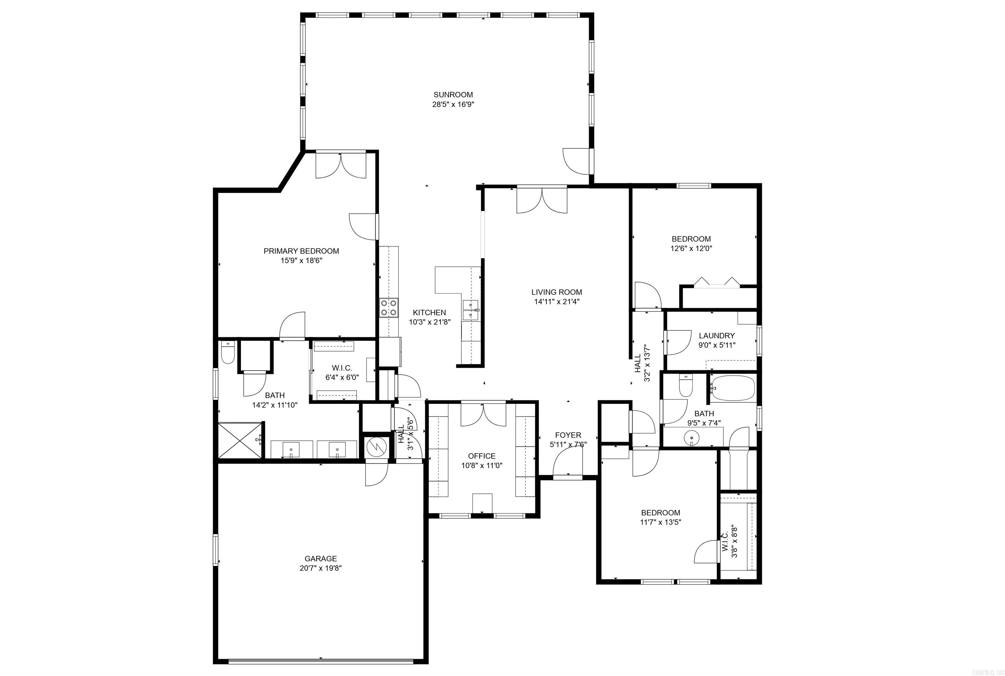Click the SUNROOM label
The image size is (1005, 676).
[x=453, y=95]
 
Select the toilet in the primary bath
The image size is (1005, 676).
[x=227, y=352]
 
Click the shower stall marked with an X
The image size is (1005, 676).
[x=240, y=440]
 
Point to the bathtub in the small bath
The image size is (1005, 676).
[x=732, y=388]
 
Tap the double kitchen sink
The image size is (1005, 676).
[x=471, y=310]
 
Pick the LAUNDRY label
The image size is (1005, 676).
[x=716, y=336]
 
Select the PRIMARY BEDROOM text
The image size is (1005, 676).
[x=301, y=251]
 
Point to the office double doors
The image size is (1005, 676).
[x=483, y=415]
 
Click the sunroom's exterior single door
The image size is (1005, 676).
[x=576, y=162]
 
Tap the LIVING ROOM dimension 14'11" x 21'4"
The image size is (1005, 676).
[x=556, y=302]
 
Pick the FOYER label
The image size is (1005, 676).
[x=568, y=435]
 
